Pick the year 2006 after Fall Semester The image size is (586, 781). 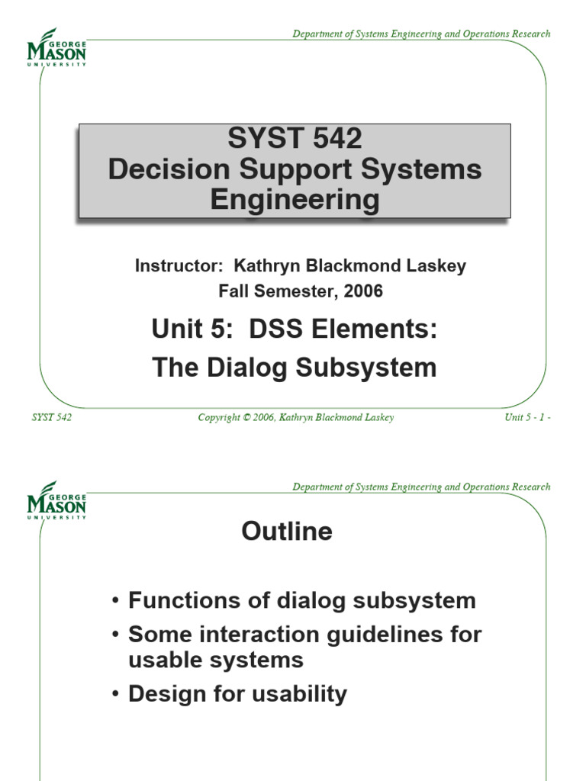point(362,291)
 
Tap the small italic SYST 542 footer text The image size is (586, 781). point(52,417)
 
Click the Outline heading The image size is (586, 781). point(287,532)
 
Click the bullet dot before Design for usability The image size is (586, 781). point(114,695)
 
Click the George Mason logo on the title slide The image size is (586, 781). point(56,48)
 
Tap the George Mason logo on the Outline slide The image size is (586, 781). point(56,500)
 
